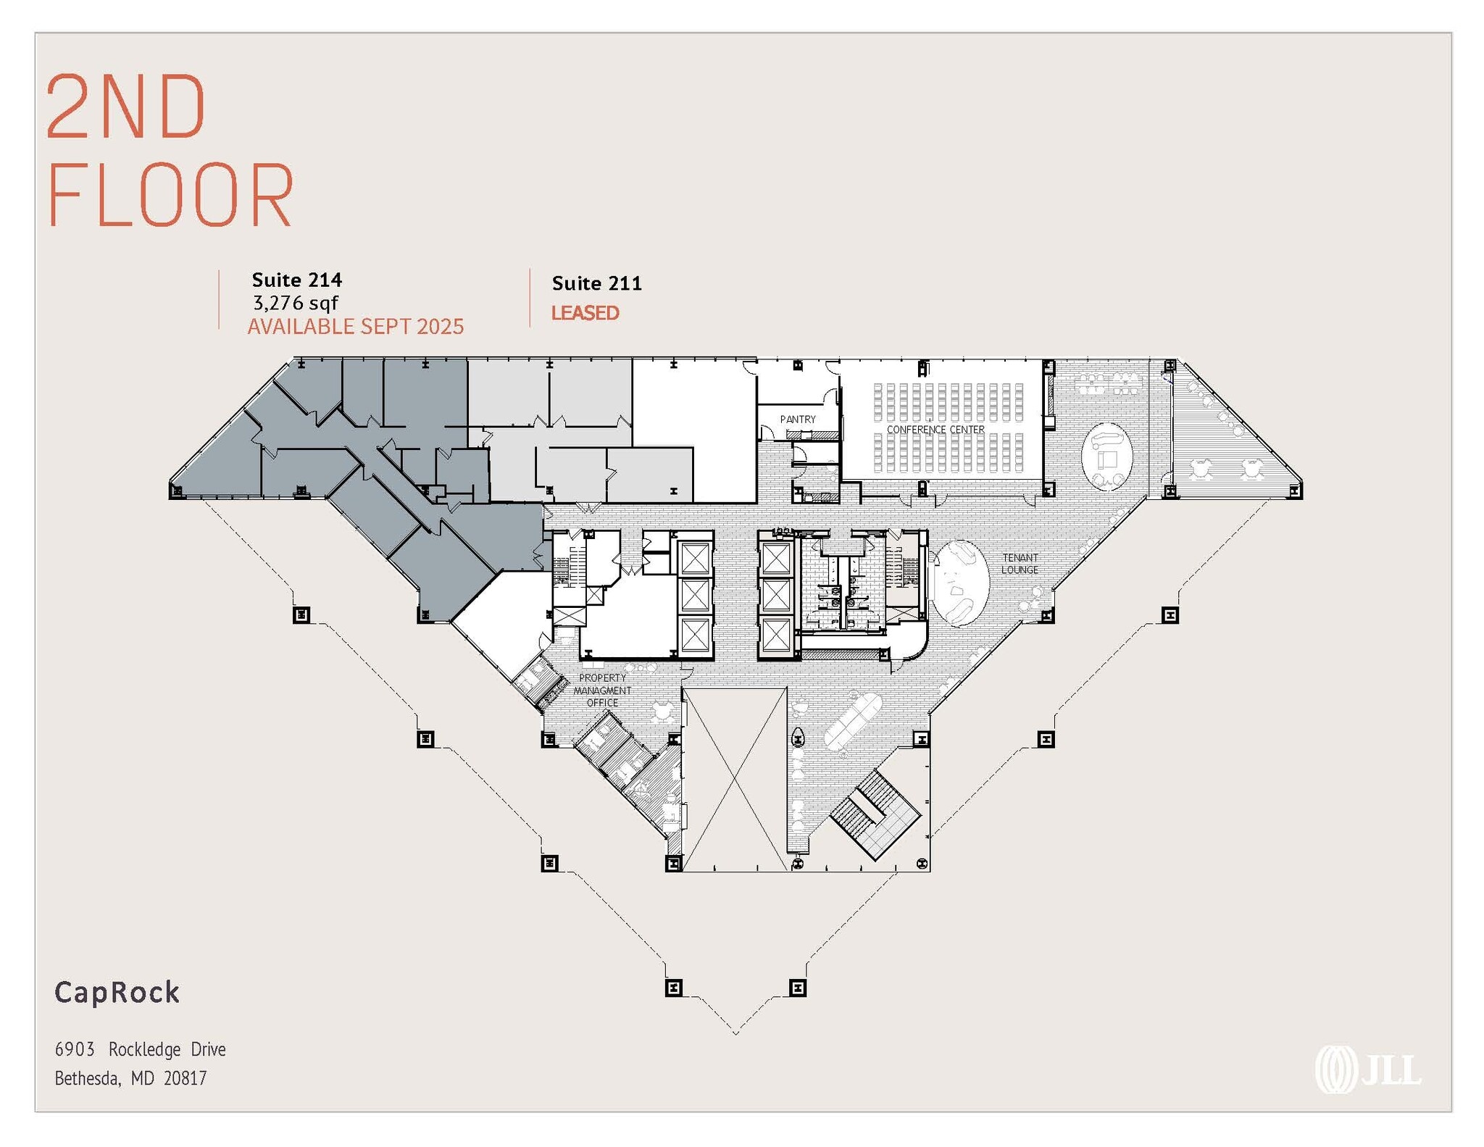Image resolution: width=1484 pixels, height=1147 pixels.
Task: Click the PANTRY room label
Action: pyautogui.click(x=797, y=420)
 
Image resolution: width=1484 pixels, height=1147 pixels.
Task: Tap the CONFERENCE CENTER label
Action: pyautogui.click(x=935, y=430)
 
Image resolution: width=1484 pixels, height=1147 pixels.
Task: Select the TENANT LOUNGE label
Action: pyautogui.click(x=1020, y=564)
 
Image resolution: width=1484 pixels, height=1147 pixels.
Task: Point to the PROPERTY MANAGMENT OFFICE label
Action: pyautogui.click(x=602, y=691)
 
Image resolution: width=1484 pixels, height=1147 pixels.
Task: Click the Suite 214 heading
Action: pyautogui.click(x=296, y=280)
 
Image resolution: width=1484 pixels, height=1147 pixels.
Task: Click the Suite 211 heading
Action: pyautogui.click(x=596, y=283)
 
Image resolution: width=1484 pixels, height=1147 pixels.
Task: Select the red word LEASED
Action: pyautogui.click(x=585, y=313)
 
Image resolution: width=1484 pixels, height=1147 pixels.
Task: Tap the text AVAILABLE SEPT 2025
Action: pyautogui.click(x=355, y=327)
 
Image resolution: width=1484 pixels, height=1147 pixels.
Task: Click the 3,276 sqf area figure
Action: pyautogui.click(x=295, y=303)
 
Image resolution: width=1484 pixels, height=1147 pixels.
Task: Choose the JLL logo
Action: pyautogui.click(x=1367, y=1069)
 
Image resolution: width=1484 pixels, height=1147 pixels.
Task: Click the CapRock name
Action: pyautogui.click(x=117, y=992)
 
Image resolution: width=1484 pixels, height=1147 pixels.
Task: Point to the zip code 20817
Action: pyautogui.click(x=185, y=1078)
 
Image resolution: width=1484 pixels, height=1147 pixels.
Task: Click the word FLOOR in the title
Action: pyautogui.click(x=170, y=194)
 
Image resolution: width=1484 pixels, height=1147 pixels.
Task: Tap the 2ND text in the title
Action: pyautogui.click(x=126, y=107)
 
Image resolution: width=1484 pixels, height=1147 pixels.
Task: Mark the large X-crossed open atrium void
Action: pyautogui.click(x=734, y=779)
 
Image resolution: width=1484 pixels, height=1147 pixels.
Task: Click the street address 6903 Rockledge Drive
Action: pyautogui.click(x=140, y=1049)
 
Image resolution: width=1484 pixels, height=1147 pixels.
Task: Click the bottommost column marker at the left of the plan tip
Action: pyautogui.click(x=673, y=988)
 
